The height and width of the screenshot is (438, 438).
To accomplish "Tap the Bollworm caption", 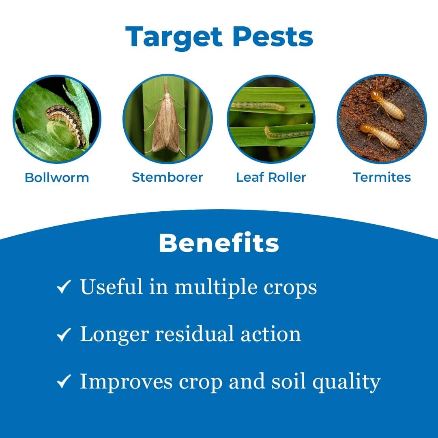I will (x=57, y=178).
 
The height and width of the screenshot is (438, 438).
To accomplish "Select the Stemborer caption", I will (x=167, y=177).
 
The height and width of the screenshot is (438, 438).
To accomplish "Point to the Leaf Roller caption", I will (x=271, y=177).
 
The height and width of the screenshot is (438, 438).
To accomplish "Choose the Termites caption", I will (x=382, y=177).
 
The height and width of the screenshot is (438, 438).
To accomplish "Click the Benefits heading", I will (x=219, y=243).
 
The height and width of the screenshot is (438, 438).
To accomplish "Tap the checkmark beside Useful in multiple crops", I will (x=64, y=287).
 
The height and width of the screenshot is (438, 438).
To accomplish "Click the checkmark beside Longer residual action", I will (x=64, y=335).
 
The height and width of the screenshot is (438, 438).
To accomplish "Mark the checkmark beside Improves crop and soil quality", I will (x=64, y=382).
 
